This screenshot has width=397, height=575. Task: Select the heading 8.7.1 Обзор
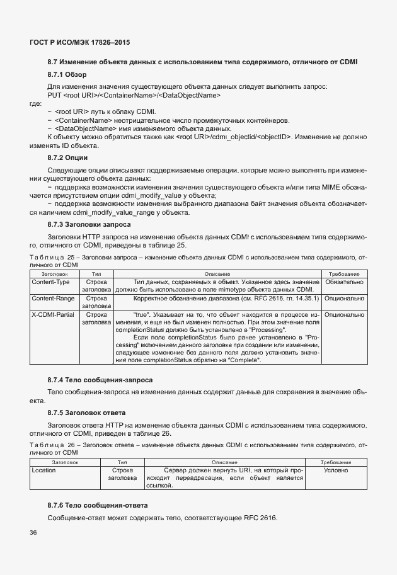pyautogui.click(x=67, y=75)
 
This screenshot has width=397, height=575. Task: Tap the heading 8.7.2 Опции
pyautogui.click(x=67, y=157)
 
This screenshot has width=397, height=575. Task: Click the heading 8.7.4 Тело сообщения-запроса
pyautogui.click(x=100, y=380)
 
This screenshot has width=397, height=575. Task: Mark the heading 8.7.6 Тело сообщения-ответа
pyautogui.click(x=98, y=505)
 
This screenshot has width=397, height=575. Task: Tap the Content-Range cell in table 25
pyautogui.click(x=52, y=298)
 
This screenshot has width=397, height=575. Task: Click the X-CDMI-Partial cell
pyautogui.click(x=52, y=314)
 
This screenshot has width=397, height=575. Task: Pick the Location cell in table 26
pyautogui.click(x=43, y=470)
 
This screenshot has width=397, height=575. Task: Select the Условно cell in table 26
pyautogui.click(x=340, y=470)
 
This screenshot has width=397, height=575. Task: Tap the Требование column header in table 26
pyautogui.click(x=340, y=462)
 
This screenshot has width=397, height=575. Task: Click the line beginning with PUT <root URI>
pyautogui.click(x=134, y=94)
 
